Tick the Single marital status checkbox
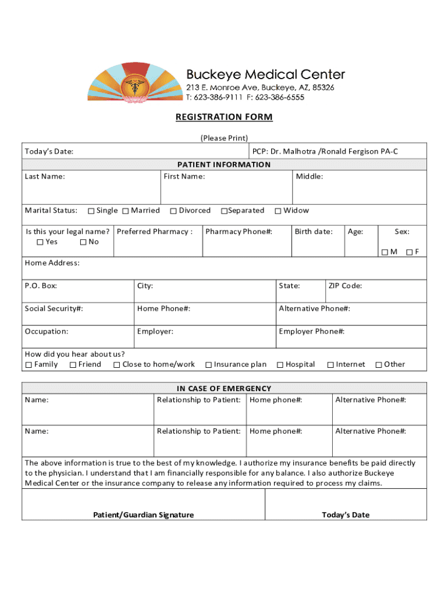point(91,211)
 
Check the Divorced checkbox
point(173,211)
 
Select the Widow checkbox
point(278,211)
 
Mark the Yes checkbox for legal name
point(40,242)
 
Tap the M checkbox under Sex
point(385,252)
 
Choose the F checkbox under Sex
point(410,252)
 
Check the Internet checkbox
point(330,365)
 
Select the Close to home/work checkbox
point(117,365)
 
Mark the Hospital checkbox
point(280,365)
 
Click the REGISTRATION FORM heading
point(224,117)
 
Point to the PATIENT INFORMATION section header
point(224,165)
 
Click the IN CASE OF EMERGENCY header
point(224,388)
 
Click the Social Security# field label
point(54,308)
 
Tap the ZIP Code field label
point(345,286)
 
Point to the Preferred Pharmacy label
point(154,232)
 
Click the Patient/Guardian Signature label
point(144,515)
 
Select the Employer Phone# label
point(311,331)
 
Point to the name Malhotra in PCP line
point(301,151)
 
